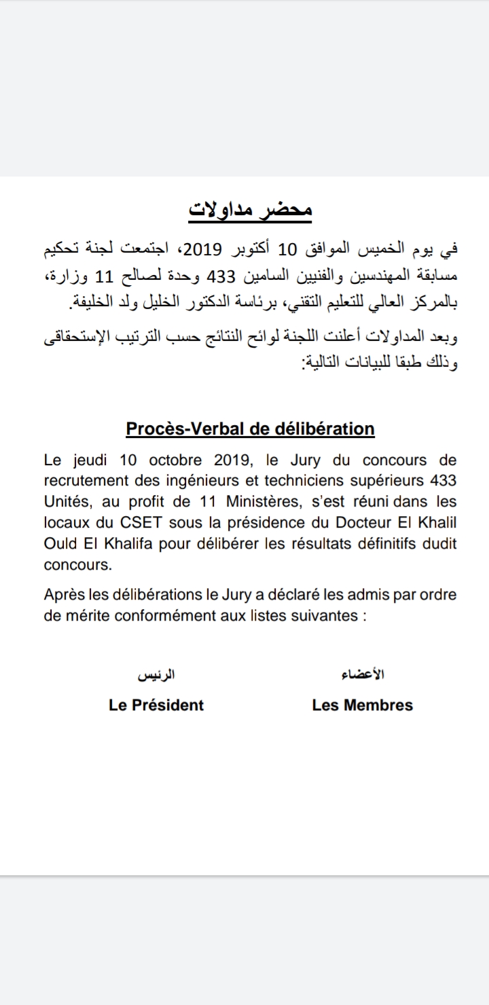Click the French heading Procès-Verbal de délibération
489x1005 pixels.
coord(250,429)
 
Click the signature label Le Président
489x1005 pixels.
coord(156,705)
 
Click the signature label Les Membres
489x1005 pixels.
coord(362,705)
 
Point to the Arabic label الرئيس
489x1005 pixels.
coord(157,676)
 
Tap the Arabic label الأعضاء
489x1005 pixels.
coord(363,675)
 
